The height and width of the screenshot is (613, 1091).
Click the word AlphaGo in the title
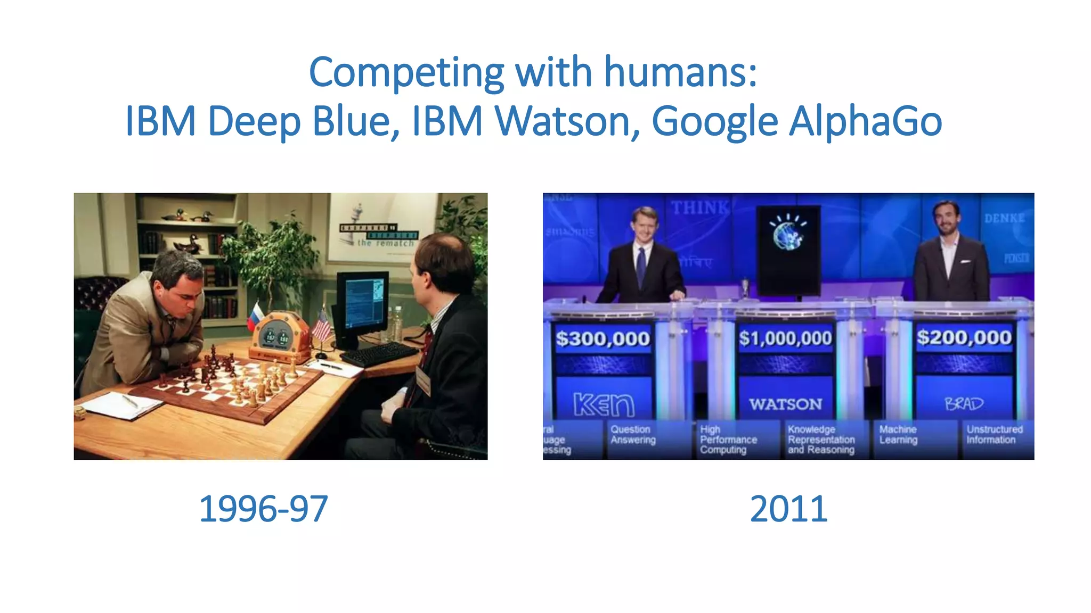pos(865,121)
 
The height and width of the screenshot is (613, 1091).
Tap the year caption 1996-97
pos(263,509)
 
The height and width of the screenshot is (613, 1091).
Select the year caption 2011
pos(788,509)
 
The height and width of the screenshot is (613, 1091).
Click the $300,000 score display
pos(603,338)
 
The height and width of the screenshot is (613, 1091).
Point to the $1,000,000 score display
pos(785,338)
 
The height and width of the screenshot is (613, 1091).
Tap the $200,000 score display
pos(964,337)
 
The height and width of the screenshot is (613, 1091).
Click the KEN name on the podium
pos(604,405)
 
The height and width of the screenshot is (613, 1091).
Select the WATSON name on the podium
pos(785,404)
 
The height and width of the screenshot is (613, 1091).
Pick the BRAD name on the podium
pos(964,404)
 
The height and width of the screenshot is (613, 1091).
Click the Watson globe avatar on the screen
pos(788,234)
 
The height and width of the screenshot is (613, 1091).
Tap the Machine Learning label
pos(898,434)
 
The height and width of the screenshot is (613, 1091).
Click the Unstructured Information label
pos(994,434)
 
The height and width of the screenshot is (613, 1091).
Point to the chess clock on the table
pos(278,335)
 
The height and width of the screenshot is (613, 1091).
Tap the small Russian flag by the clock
pos(255,316)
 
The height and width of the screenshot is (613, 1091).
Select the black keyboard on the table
pos(379,354)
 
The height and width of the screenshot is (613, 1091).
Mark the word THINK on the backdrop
pos(699,208)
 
